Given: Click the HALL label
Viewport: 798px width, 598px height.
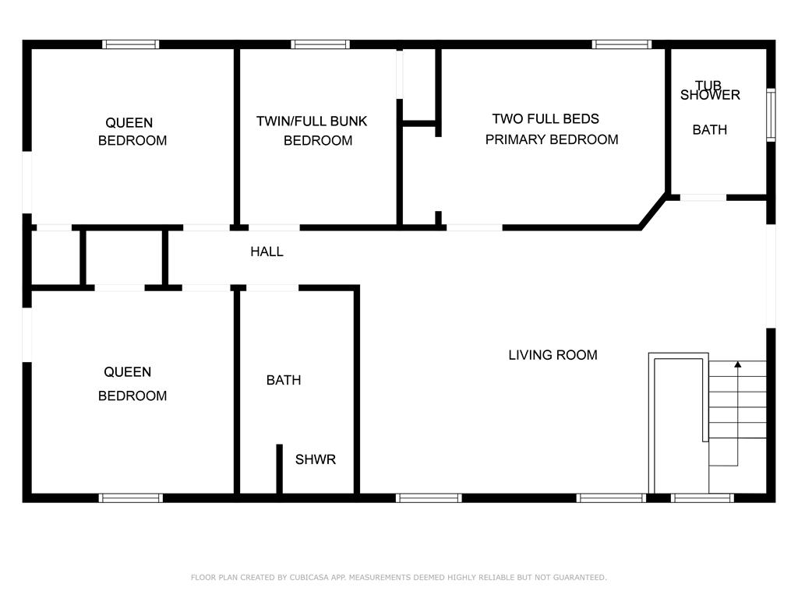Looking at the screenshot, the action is pos(267,252).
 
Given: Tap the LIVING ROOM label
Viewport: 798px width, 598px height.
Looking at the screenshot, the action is pos(553,355).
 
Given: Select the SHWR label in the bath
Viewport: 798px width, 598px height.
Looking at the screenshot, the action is pos(316,459).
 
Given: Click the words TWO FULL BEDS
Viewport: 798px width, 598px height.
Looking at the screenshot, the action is pos(546,119).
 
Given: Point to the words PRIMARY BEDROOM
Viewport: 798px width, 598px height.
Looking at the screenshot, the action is pos(552,140).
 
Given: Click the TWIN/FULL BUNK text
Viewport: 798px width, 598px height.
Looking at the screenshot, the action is pos(312,121).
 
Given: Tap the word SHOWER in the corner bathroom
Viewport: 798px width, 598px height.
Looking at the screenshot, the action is pos(710,95).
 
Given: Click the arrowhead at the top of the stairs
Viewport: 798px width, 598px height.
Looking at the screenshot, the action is pos(737,364).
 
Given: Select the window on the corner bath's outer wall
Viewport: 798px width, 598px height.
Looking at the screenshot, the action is pos(771,115).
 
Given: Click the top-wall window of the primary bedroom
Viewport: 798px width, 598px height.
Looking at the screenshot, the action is pos(621,44).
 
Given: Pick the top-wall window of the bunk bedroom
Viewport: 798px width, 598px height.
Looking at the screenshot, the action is pos(320,44).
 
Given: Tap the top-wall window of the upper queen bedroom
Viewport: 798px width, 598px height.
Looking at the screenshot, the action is pos(131,44).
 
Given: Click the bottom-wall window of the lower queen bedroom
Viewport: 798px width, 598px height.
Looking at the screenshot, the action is pos(131,498).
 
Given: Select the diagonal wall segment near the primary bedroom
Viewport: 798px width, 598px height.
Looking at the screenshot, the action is pos(653,210).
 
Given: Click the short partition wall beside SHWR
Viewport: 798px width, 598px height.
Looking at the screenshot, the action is pos(280,469).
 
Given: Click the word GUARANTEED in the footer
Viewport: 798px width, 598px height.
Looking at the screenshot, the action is pos(580,578).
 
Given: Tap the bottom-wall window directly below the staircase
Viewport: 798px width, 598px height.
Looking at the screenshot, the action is pos(702,498).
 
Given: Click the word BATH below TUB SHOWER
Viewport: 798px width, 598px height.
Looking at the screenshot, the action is pos(709,130).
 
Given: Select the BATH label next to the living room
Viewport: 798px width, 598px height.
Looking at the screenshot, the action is pos(284,380).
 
